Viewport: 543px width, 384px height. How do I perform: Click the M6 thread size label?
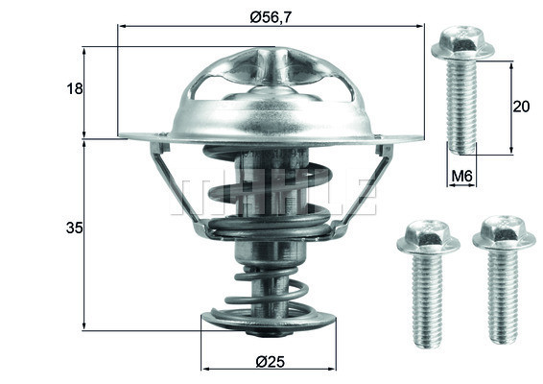462,176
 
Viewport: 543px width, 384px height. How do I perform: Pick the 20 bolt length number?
522,107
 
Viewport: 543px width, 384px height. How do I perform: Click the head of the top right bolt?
462,43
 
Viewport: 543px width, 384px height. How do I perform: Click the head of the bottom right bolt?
504,232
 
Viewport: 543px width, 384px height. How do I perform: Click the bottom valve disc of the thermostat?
268,322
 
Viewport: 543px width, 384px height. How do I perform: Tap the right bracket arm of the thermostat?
365,187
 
